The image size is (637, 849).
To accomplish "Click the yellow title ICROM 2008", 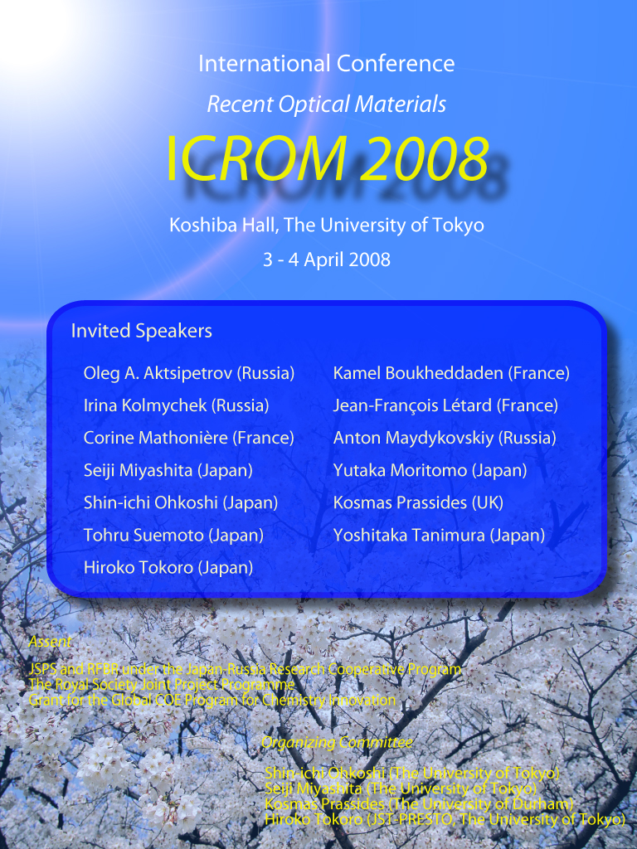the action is [327, 158].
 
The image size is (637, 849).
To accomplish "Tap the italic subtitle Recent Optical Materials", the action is [327, 104].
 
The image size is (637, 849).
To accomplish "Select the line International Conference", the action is [327, 63].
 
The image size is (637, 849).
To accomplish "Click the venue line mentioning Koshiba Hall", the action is [327, 225].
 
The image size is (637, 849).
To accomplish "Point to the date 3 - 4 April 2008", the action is [327, 260].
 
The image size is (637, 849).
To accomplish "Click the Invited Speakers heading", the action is [141, 331].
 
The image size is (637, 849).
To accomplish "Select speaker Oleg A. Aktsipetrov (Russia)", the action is [189, 373].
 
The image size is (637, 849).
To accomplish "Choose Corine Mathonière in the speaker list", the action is [155, 438].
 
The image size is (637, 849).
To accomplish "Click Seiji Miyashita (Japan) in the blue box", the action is [168, 470].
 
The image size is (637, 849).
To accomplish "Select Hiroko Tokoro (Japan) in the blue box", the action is [168, 567].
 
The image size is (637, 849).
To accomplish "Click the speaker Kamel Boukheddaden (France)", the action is [451, 373].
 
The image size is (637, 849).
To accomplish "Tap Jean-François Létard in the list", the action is [412, 405].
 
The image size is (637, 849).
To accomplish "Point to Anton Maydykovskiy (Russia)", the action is [445, 438].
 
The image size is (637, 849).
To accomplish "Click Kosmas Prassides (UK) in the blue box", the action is [418, 502].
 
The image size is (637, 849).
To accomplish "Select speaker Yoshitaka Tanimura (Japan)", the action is [440, 535].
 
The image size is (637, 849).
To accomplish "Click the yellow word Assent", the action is [50, 642].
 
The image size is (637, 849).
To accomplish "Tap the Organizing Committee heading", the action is [337, 742].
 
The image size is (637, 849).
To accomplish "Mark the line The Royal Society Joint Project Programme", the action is [162, 684].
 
